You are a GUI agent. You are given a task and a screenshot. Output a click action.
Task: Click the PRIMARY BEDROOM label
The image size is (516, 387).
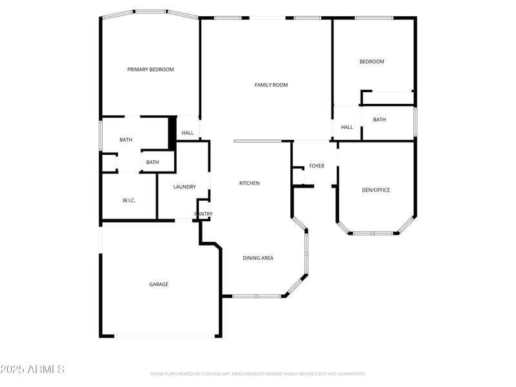(x=150, y=70)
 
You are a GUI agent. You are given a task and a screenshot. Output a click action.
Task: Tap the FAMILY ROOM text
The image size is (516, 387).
(x=271, y=85)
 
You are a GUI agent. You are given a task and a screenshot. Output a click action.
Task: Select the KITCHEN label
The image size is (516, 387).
(x=250, y=183)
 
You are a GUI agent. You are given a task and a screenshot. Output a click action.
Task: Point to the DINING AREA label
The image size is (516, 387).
(x=258, y=258)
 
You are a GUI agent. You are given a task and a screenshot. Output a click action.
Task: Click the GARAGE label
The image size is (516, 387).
(x=159, y=284)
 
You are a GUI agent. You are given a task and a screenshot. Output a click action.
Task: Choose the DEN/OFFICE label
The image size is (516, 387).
(x=375, y=190)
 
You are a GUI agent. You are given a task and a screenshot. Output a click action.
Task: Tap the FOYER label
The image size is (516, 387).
(x=317, y=166)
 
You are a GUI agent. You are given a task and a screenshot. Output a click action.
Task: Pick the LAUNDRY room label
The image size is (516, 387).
(x=184, y=187)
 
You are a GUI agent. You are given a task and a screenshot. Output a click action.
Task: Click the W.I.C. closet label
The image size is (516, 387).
(x=129, y=201)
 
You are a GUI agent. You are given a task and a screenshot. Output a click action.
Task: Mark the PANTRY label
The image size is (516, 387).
(x=204, y=214)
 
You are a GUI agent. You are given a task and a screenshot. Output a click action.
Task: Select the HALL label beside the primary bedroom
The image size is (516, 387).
(x=188, y=134)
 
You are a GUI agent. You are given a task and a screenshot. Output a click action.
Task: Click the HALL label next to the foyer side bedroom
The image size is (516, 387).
(x=347, y=128)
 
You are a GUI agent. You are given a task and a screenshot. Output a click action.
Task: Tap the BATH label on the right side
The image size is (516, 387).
(x=379, y=120)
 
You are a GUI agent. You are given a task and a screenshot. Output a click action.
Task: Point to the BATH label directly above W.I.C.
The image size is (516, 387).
(x=152, y=163)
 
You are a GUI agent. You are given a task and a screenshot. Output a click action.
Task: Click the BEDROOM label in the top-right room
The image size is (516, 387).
(x=372, y=62)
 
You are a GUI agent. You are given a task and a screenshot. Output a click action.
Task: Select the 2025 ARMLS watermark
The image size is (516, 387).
(x=32, y=370)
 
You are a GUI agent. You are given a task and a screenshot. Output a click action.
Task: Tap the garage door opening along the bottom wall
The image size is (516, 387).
(x=165, y=335)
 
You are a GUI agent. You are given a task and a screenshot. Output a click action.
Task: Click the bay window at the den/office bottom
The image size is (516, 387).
(x=373, y=233)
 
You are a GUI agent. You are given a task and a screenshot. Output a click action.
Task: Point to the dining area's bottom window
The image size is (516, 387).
(x=257, y=296)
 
